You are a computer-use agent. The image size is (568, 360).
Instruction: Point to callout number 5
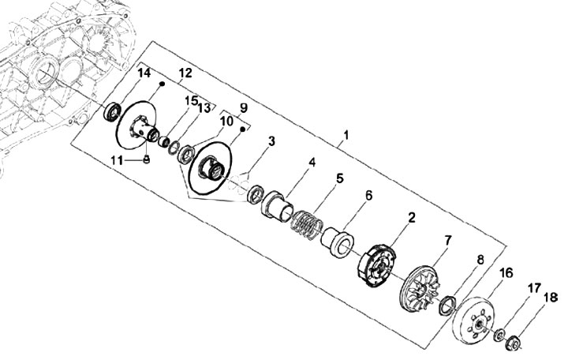point(340,178)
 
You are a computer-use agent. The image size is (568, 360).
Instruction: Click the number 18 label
point(550,298)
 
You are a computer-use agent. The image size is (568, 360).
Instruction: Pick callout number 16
point(506,273)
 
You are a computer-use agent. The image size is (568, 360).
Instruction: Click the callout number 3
point(271,141)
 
